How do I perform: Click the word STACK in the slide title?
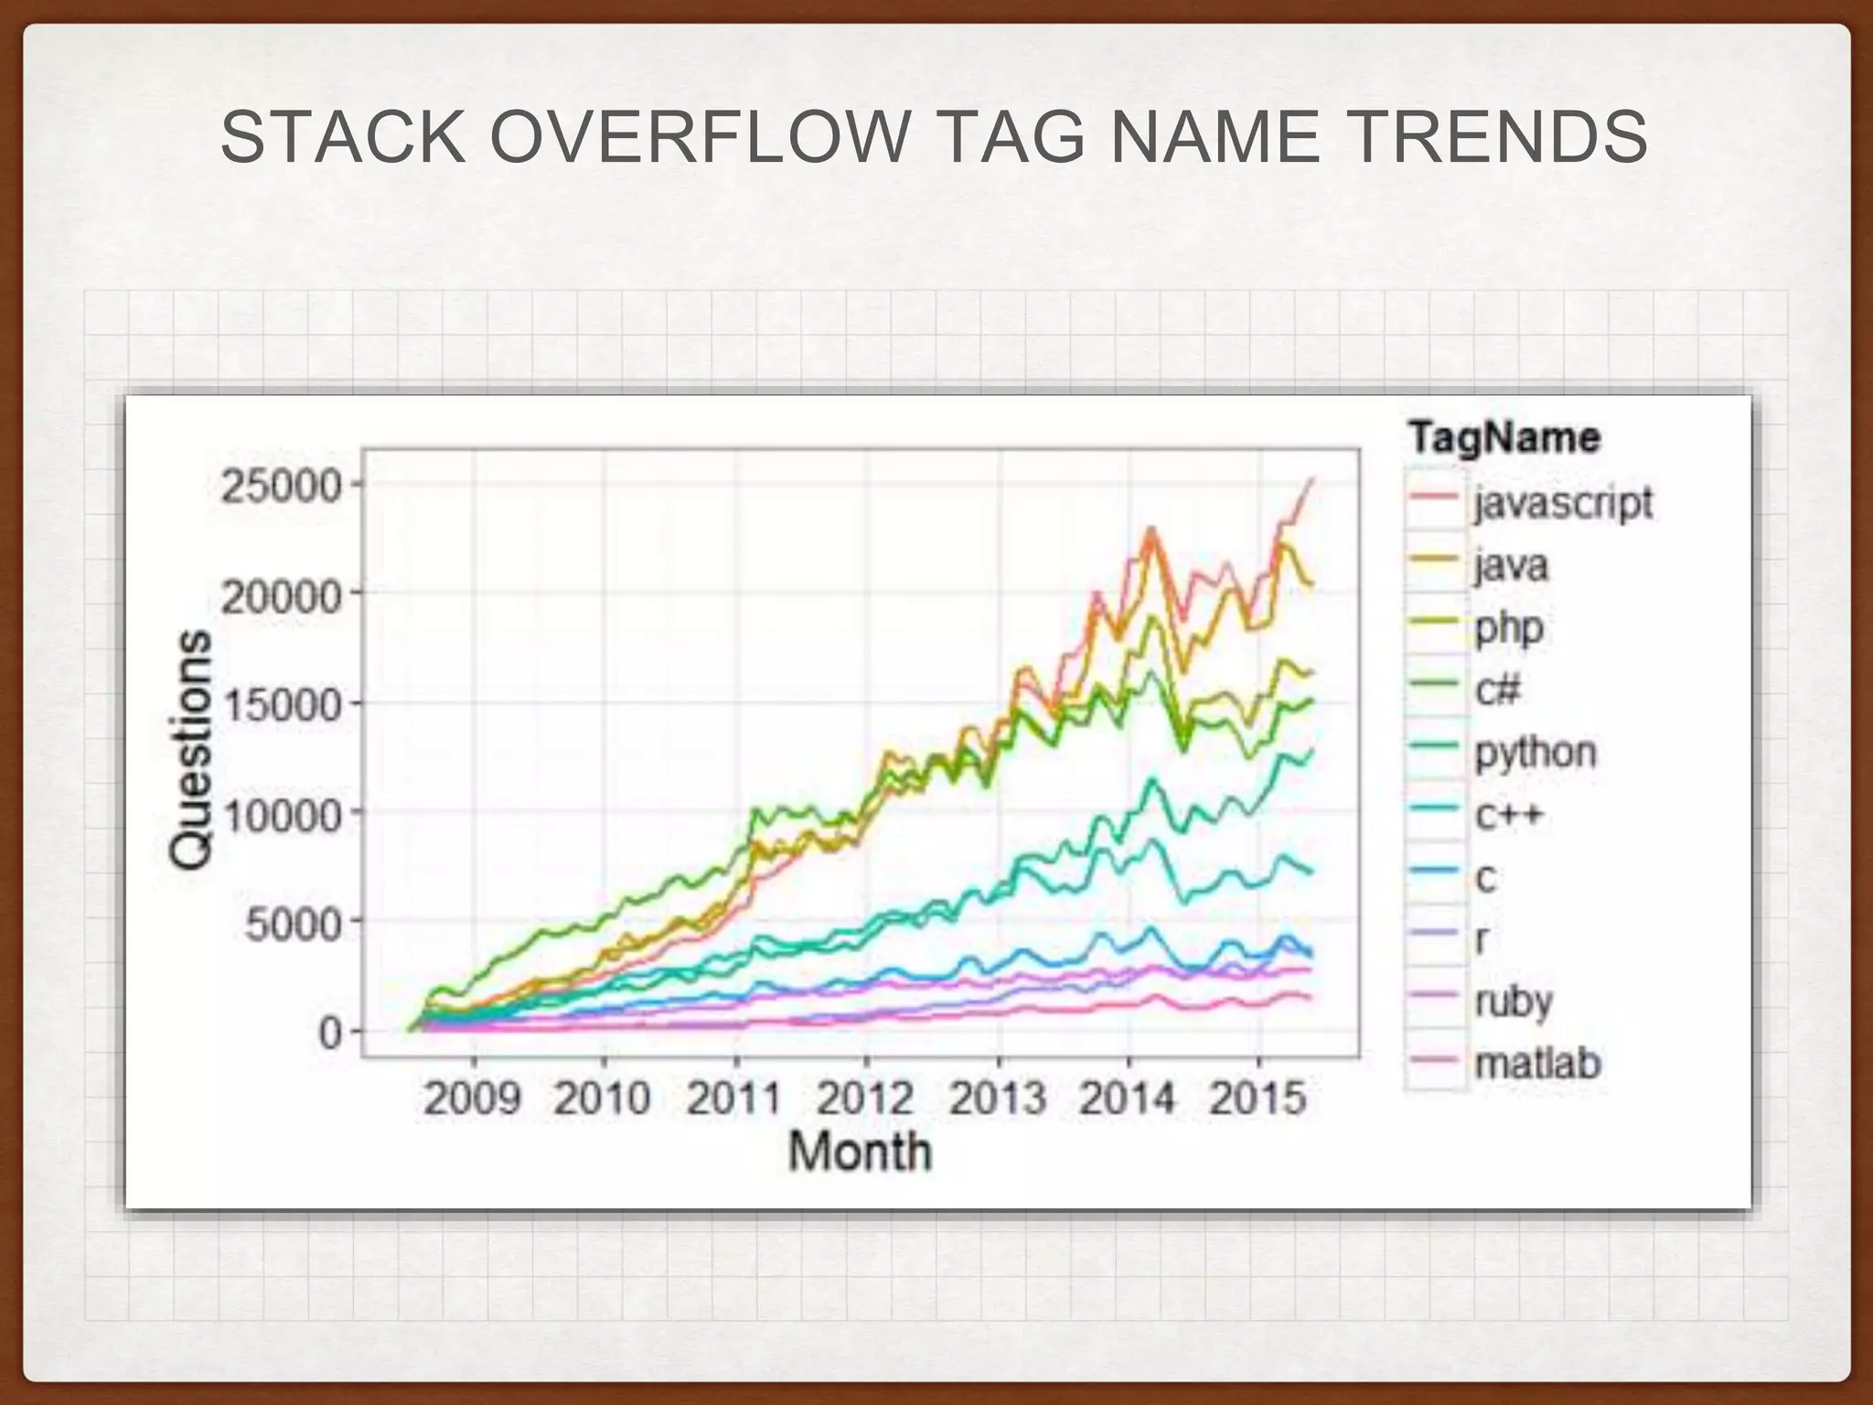coord(343,138)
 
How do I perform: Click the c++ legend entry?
coord(1508,814)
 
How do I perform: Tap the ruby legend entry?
coord(1514,1002)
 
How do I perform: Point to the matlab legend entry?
coord(1537,1063)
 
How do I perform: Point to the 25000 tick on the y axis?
coord(281,486)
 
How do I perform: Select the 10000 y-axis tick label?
coord(281,814)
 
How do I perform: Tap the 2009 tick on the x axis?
coord(472,1097)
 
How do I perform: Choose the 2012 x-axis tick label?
coord(864,1097)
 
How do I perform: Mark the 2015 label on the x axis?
coord(1258,1097)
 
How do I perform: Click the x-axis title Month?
coord(860,1151)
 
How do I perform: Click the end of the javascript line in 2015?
coord(1312,480)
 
